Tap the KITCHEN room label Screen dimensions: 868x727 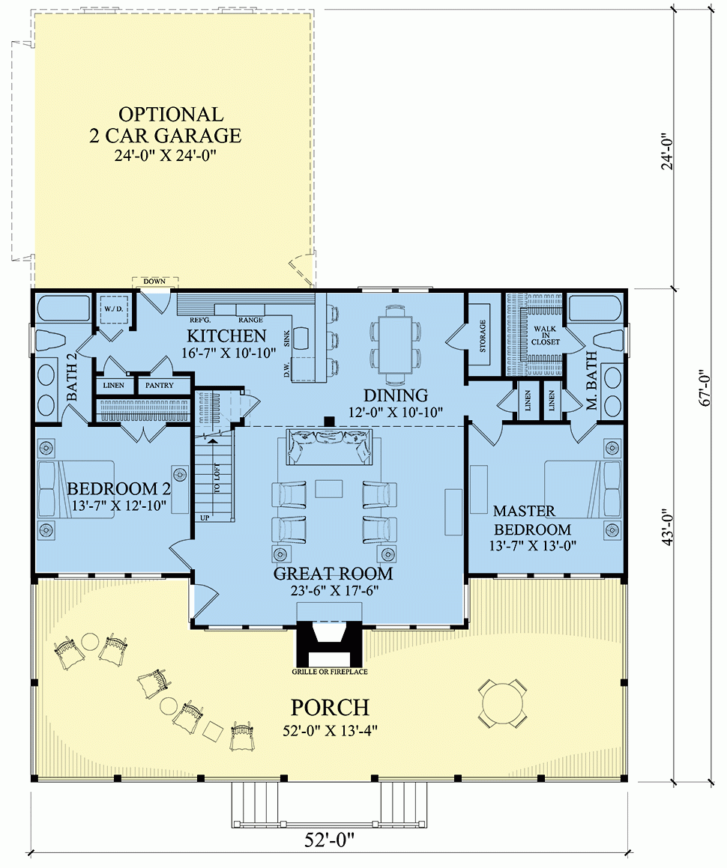pyautogui.click(x=226, y=336)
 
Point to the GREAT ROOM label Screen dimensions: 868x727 pyautogui.click(x=333, y=574)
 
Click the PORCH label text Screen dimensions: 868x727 pyautogui.click(x=331, y=707)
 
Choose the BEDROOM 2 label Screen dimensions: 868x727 pyautogui.click(x=119, y=489)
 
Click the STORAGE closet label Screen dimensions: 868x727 pyautogui.click(x=483, y=336)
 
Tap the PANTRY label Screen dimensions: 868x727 pyautogui.click(x=159, y=386)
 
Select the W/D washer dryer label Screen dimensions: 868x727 pyautogui.click(x=114, y=308)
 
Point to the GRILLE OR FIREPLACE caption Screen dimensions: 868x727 pyautogui.click(x=330, y=672)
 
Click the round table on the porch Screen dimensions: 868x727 pyautogui.click(x=501, y=703)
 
